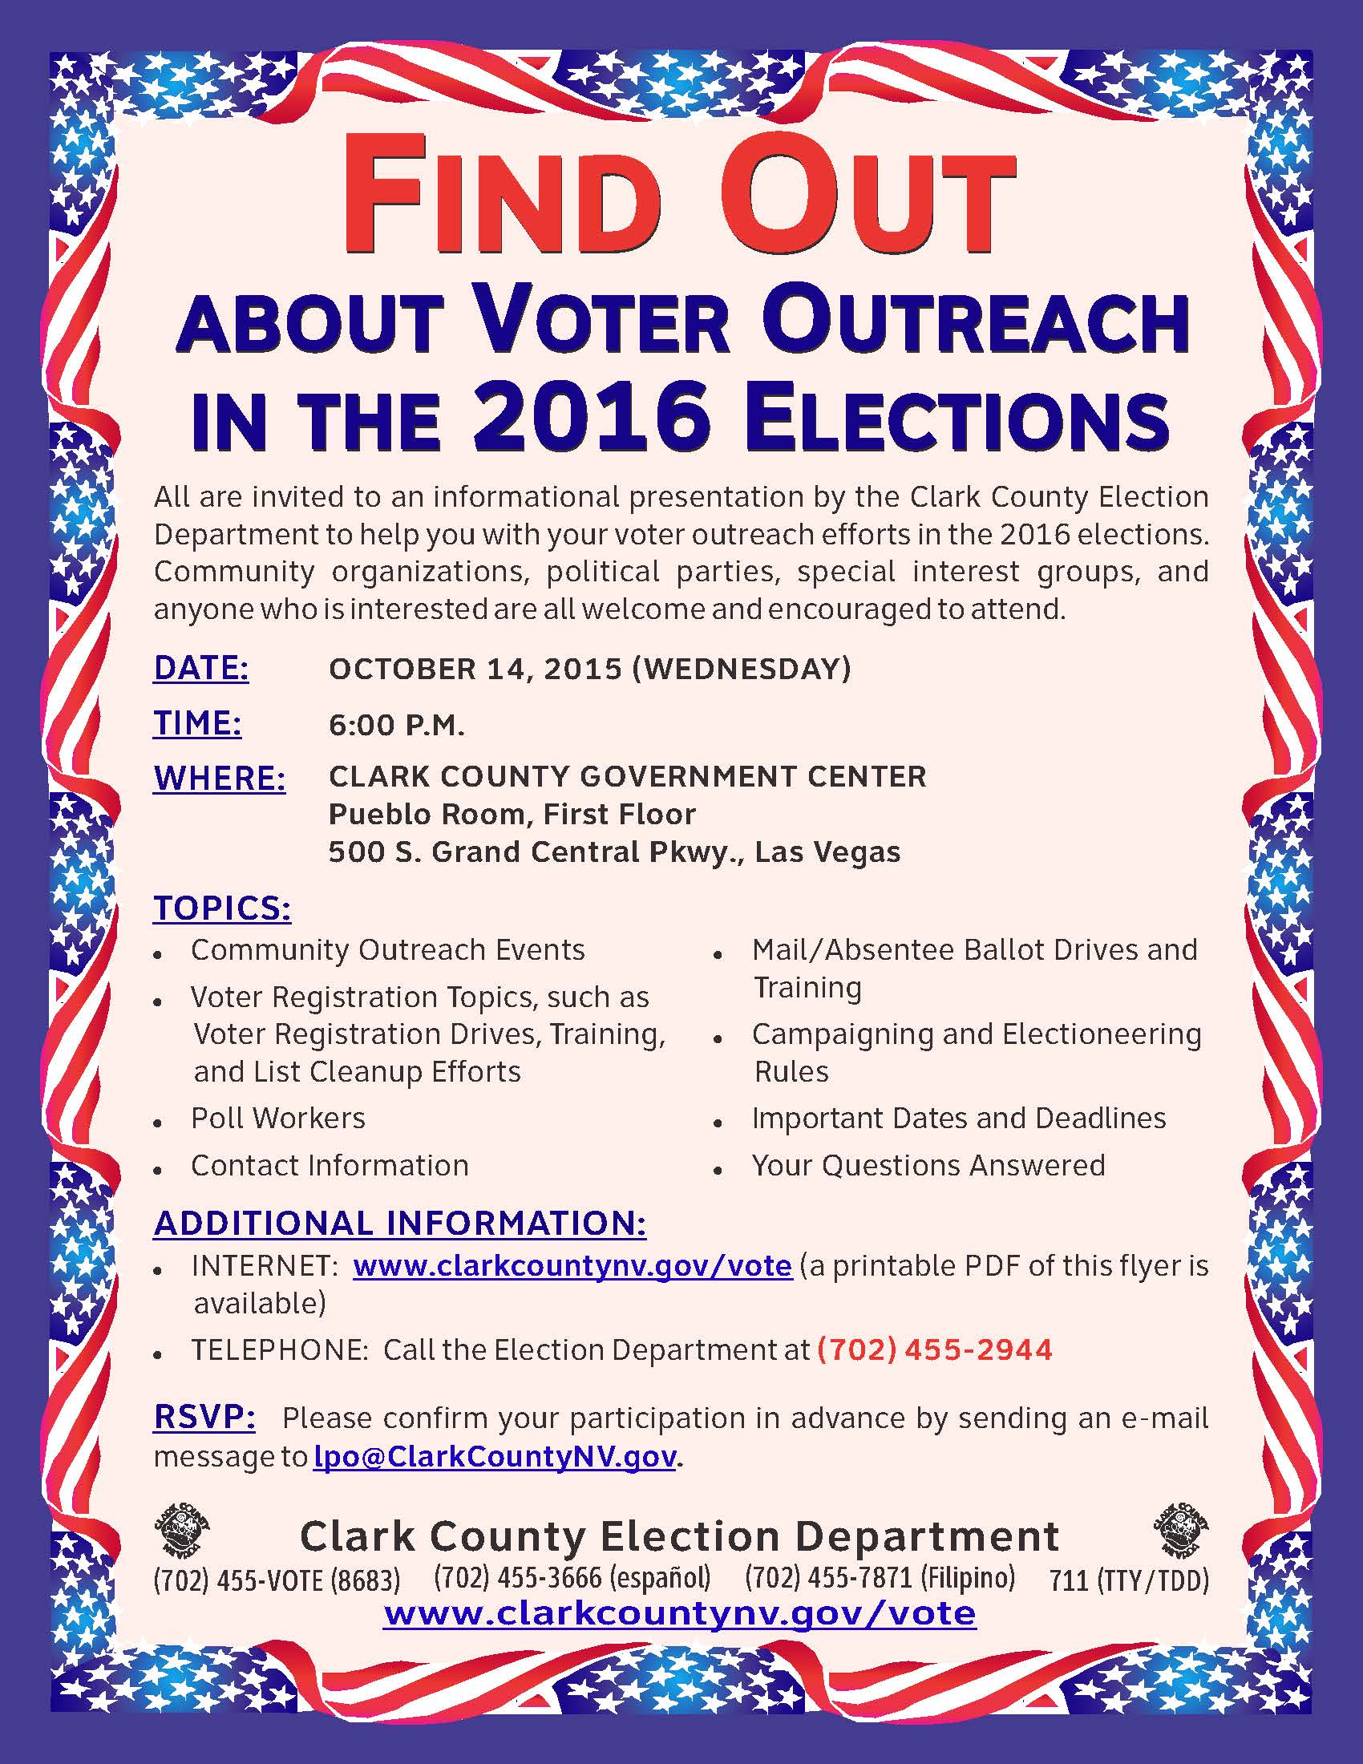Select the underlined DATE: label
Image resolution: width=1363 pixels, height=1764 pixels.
[x=201, y=669]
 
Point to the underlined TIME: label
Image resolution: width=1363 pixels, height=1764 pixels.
[x=198, y=724]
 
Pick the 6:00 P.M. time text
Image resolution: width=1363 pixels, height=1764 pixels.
[x=396, y=726]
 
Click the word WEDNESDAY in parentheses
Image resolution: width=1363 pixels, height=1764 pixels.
[x=742, y=669]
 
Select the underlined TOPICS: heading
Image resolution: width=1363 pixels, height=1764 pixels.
[x=222, y=908]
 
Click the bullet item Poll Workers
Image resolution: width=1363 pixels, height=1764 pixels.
[x=277, y=1118]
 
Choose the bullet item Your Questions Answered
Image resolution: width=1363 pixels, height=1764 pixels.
[x=928, y=1165]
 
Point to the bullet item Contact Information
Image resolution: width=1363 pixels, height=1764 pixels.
[x=330, y=1165]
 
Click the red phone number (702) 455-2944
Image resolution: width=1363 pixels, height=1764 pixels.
[x=934, y=1349]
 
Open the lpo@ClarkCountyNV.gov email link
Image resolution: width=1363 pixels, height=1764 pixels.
[x=494, y=1456]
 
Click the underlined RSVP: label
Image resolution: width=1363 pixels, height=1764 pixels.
[x=204, y=1418]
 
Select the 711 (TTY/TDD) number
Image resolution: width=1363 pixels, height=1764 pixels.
[x=1129, y=1580]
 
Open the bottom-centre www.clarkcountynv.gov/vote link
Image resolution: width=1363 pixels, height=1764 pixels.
[x=680, y=1613]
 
